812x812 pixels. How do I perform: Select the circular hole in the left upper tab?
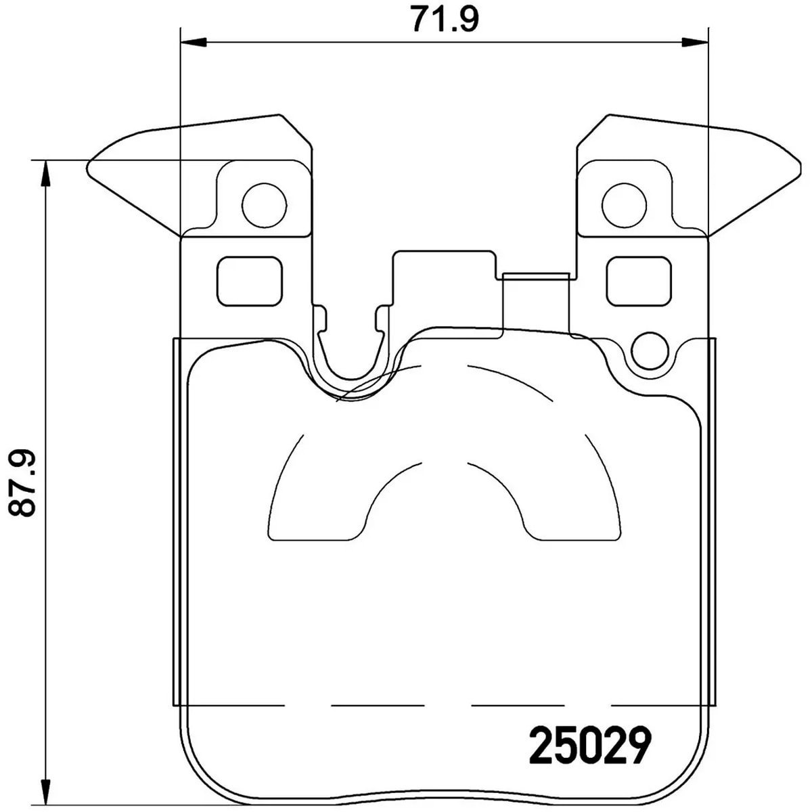click(264, 204)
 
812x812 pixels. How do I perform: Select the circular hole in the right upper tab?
click(624, 204)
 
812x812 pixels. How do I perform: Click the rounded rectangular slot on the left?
click(248, 281)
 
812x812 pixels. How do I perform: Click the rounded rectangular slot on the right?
click(639, 281)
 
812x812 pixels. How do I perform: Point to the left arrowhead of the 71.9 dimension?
click(193, 43)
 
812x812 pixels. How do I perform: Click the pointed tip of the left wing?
click(90, 164)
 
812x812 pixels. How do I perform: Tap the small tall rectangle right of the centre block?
click(536, 302)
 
